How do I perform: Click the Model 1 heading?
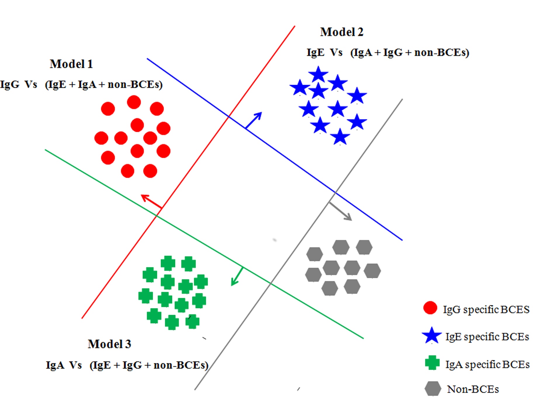[x=71, y=64]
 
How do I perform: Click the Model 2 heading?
[x=342, y=32]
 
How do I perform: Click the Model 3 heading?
[x=109, y=344]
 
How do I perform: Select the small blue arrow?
[x=254, y=120]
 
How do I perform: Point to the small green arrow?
[x=237, y=276]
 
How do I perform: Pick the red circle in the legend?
[x=430, y=308]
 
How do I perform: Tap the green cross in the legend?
[x=432, y=363]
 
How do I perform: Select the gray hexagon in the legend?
[x=433, y=388]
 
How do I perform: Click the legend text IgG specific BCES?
[x=486, y=310]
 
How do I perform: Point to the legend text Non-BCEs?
[x=473, y=389]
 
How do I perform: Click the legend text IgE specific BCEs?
[x=487, y=337]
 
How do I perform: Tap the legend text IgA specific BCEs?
[x=487, y=364]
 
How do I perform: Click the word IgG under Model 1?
[x=10, y=84]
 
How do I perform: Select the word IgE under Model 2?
[x=315, y=53]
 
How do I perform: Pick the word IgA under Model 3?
[x=55, y=365]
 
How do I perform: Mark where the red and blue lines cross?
[x=229, y=117]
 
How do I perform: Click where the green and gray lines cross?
[x=271, y=283]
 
